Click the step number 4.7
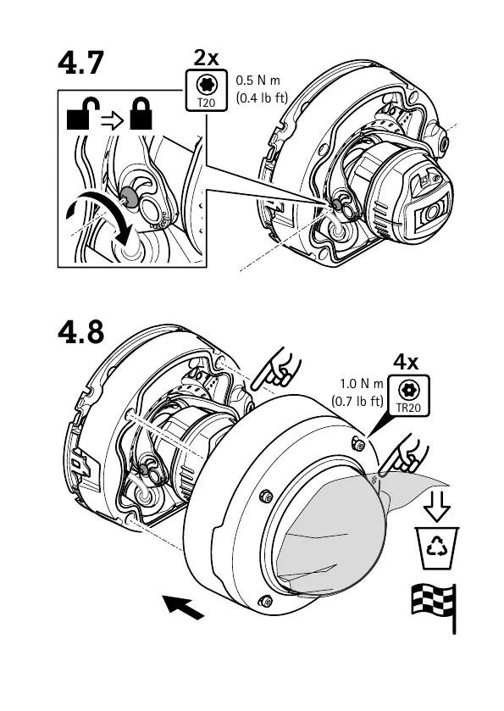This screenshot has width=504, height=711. click(81, 63)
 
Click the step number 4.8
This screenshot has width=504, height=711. click(81, 332)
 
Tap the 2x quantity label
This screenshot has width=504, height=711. click(206, 58)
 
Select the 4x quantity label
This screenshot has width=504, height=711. click(406, 362)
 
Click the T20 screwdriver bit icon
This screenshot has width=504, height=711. click(207, 90)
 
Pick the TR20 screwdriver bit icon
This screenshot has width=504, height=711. click(409, 395)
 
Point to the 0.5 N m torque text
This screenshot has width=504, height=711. click(258, 81)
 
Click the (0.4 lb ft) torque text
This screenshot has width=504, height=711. click(262, 97)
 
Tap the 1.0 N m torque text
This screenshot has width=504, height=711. click(362, 384)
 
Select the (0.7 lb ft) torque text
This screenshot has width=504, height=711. click(357, 401)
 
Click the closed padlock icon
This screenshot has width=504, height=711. click(141, 114)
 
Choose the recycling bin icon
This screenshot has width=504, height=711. click(437, 547)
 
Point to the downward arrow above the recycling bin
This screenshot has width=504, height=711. click(437, 506)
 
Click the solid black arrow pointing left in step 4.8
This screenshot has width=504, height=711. click(183, 608)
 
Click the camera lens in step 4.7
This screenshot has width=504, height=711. click(431, 209)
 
